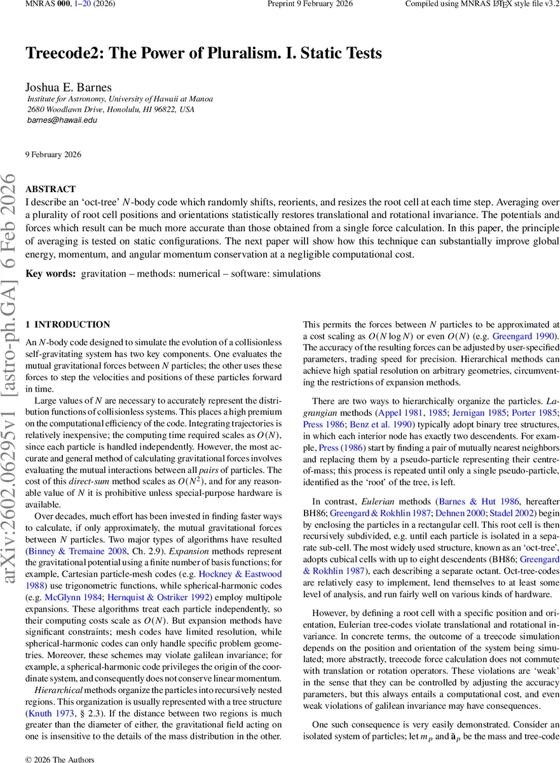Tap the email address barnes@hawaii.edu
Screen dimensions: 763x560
(x=62, y=120)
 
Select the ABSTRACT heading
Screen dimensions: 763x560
(x=50, y=189)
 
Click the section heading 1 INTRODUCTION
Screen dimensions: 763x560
(x=67, y=324)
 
